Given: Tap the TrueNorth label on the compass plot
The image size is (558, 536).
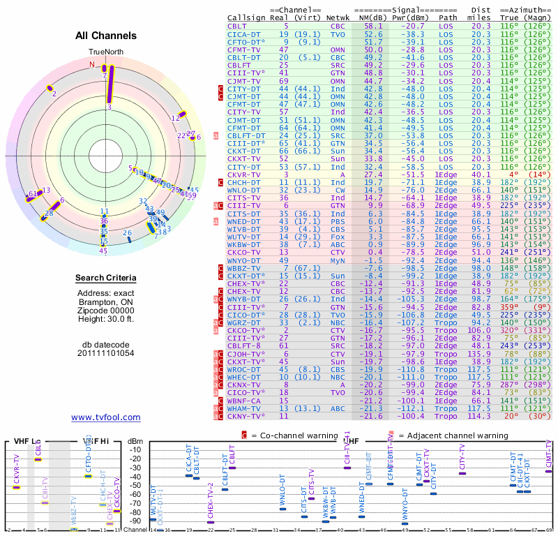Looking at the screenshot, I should (106, 52).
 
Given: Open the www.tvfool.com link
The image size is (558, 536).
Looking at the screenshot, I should (106, 417).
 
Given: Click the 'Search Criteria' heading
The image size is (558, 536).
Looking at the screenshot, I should (106, 278).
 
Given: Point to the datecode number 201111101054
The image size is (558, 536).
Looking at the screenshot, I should (106, 352).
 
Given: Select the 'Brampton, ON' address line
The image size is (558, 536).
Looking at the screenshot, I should (106, 301).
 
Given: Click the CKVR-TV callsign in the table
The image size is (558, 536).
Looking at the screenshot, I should (244, 174).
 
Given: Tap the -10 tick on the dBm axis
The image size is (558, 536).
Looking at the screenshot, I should (136, 450).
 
